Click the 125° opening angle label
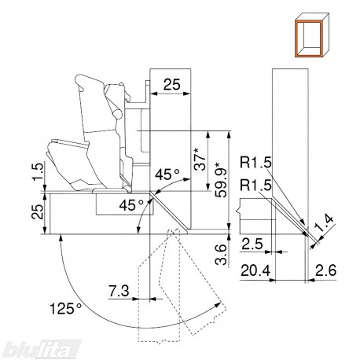coord(65,308)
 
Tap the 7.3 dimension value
coord(119,291)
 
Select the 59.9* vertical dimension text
coord(220,180)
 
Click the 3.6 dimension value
coord(220,255)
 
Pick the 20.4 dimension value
coord(255,270)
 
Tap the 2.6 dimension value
coord(325,270)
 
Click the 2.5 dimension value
coord(252,244)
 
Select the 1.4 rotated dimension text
coord(325,223)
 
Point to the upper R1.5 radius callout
coord(255,163)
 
